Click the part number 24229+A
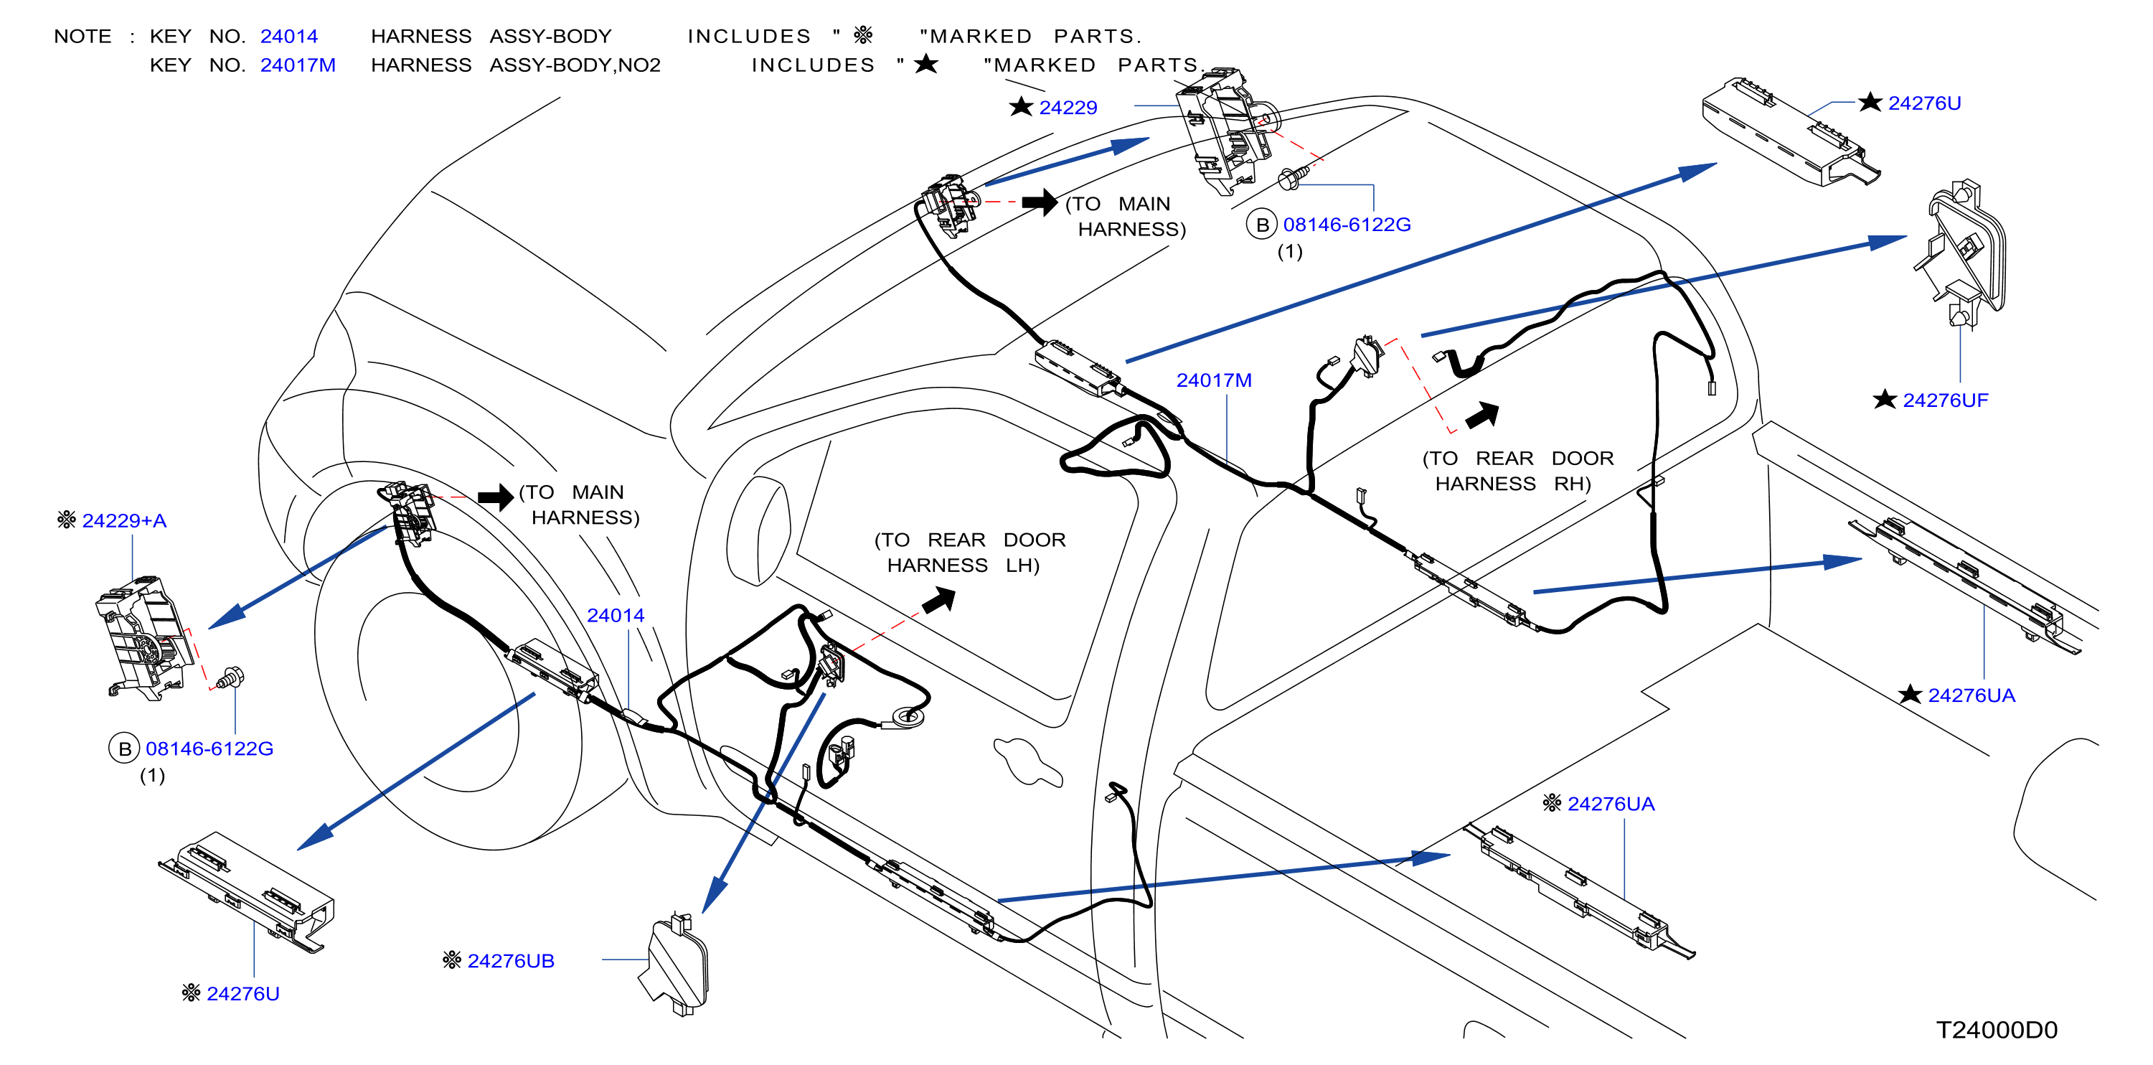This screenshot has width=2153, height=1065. coord(125,521)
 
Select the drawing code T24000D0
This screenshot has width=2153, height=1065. coord(1997,1030)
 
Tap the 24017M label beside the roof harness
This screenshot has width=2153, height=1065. coord(1214,380)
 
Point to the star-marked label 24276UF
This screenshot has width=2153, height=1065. coord(1945,400)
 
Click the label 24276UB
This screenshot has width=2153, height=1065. coord(511,962)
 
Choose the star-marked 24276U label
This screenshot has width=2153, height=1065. coord(1924,103)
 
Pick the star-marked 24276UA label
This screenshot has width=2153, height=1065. coord(1971,695)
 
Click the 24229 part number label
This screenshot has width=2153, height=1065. coord(1068,108)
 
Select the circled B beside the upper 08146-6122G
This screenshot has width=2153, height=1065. coord(1262,225)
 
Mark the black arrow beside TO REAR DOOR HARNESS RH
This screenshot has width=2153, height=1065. coord(1483,415)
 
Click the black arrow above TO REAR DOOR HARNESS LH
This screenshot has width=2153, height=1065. coord(939,599)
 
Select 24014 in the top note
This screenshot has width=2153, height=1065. coord(289,37)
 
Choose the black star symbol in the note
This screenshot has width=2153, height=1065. coord(926,64)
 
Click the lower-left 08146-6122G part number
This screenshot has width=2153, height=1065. coord(209,749)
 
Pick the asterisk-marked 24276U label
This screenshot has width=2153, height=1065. coord(242,994)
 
